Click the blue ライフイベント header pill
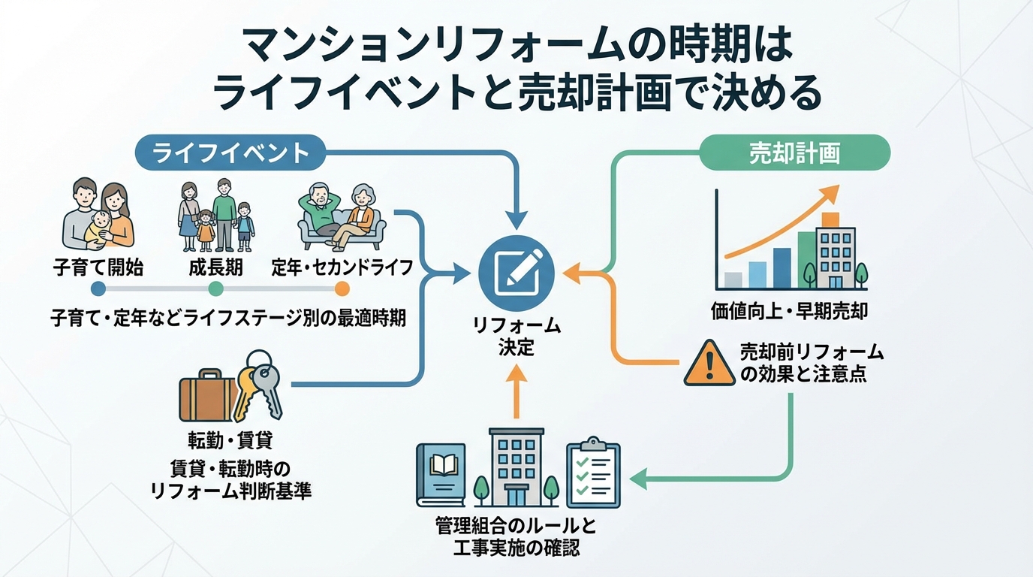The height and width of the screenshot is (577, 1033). pyautogui.click(x=230, y=153)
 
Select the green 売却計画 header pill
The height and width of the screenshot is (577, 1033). pyautogui.click(x=794, y=153)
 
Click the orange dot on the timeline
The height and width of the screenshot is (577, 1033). pyautogui.click(x=342, y=288)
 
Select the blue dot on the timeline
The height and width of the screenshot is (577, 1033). pyautogui.click(x=98, y=288)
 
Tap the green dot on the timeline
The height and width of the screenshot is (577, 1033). pyautogui.click(x=215, y=288)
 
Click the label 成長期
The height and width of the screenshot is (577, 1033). pyautogui.click(x=215, y=267)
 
